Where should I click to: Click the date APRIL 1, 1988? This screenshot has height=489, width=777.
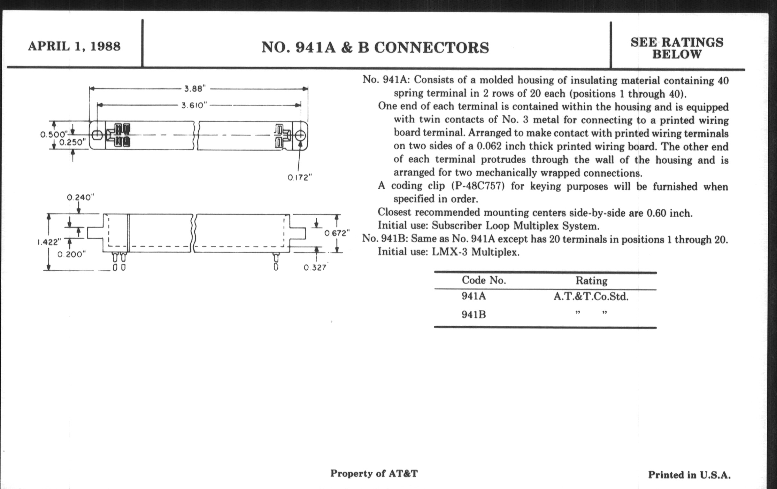point(74,46)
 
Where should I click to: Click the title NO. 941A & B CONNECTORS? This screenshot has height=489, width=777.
point(375,48)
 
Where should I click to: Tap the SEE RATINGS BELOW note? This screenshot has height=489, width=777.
point(677,48)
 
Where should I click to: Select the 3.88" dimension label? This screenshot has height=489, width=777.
point(195,89)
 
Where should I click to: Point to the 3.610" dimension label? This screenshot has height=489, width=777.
point(194,105)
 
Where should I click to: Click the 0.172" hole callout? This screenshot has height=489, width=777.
point(300,177)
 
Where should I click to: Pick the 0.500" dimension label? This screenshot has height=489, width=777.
point(53,134)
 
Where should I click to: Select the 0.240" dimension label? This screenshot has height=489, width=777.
point(80,197)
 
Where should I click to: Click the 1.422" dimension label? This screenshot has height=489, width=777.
point(49,242)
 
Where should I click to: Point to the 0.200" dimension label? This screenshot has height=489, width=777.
point(72,254)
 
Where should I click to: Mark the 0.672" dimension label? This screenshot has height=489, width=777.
point(337,233)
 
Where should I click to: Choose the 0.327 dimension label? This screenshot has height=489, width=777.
point(315,267)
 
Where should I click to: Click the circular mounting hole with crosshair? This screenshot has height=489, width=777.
point(300,136)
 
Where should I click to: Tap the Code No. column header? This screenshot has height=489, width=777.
point(484,280)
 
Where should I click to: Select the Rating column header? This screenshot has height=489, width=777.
point(591,281)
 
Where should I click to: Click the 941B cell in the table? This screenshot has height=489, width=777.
point(473,314)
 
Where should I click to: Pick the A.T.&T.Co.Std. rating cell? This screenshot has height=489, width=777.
point(591,296)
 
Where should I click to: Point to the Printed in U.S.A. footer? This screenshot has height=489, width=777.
point(689,475)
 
